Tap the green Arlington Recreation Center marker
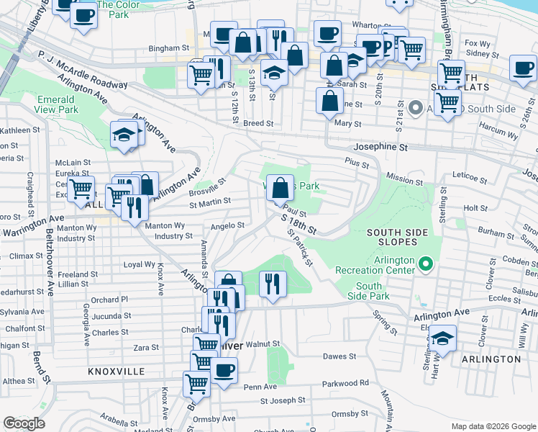(x=426, y=265)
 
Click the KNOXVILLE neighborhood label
(x=117, y=372)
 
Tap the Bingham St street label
(x=168, y=48)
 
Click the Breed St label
(x=258, y=123)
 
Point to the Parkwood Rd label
(x=345, y=383)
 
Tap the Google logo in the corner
(x=24, y=423)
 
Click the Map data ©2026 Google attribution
(x=492, y=426)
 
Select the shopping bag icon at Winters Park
(x=281, y=188)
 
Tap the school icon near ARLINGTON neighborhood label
(x=443, y=338)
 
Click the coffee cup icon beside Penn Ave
(x=224, y=371)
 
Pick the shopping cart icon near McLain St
(x=81, y=189)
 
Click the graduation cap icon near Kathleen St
(x=124, y=134)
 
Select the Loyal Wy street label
(x=139, y=264)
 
